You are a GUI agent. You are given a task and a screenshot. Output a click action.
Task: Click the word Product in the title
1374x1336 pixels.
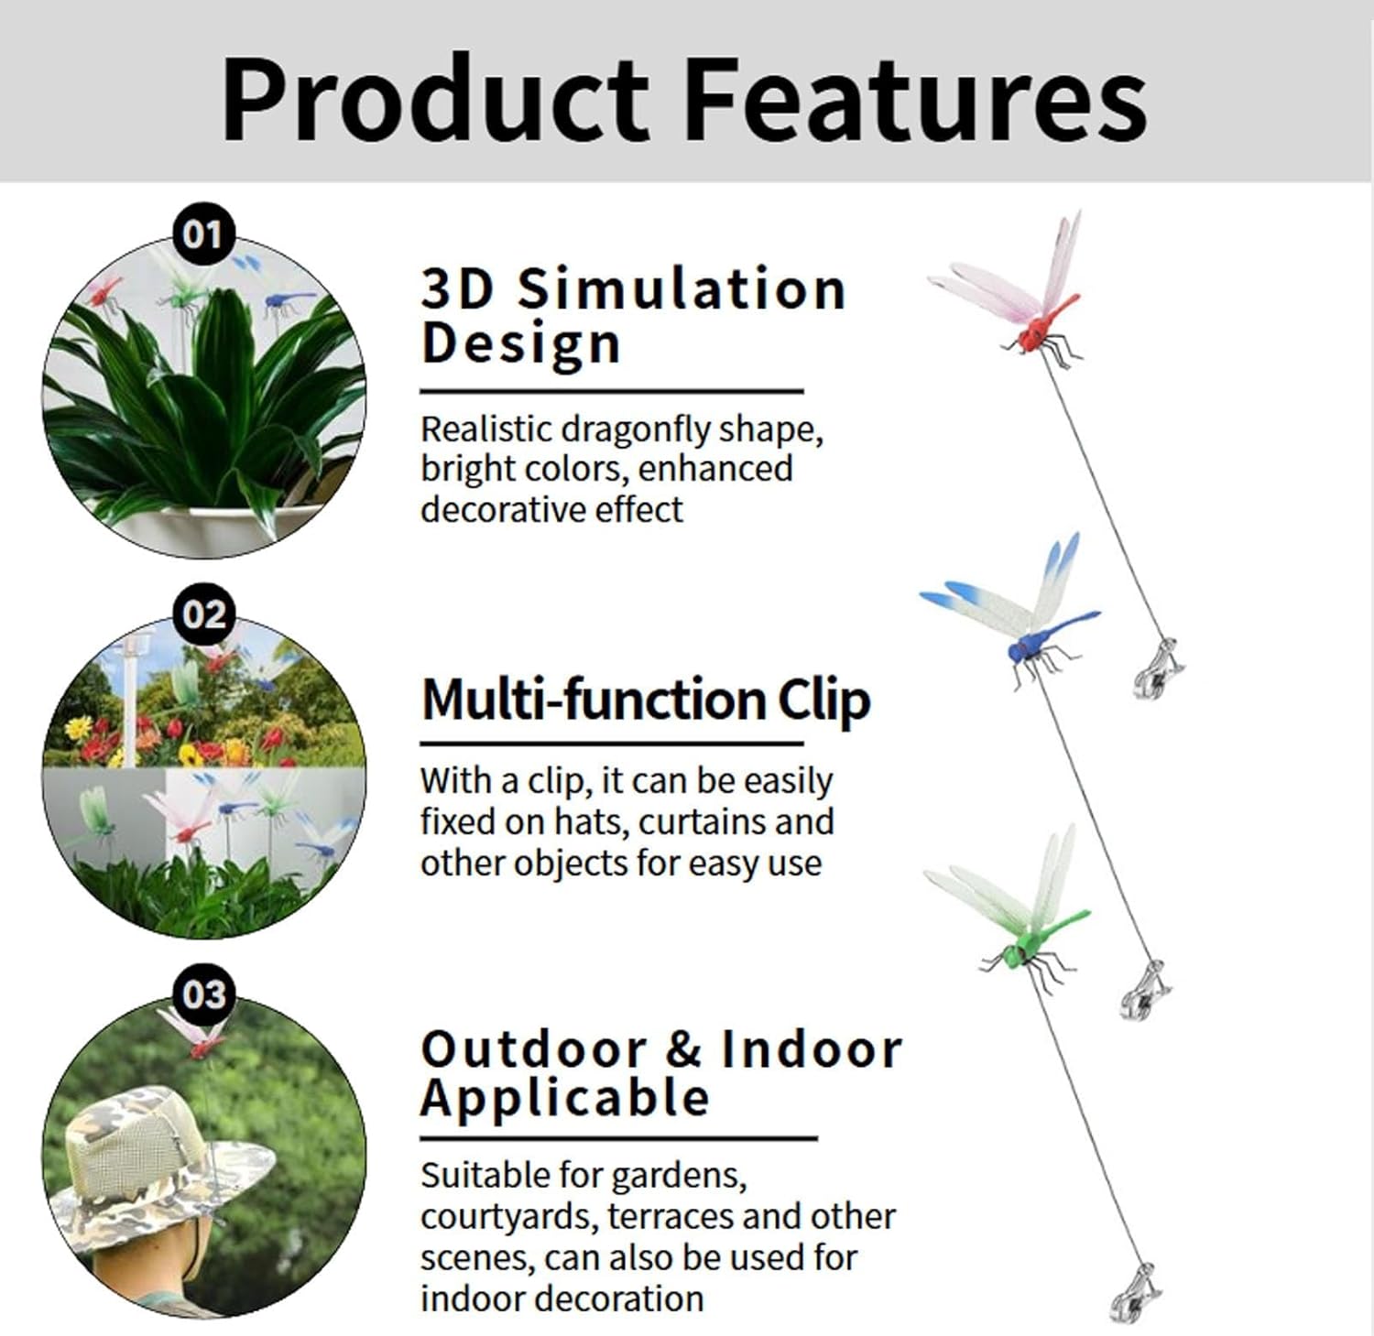click(x=436, y=98)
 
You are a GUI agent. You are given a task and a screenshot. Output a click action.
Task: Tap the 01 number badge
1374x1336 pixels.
click(x=203, y=234)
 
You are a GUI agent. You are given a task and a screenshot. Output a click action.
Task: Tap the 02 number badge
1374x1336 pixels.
click(x=203, y=614)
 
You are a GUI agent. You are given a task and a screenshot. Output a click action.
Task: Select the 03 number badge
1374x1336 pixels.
click(x=203, y=994)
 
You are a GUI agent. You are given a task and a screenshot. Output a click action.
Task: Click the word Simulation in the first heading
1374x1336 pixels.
click(x=682, y=289)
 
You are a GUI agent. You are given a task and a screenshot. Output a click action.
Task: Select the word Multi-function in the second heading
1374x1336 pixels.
click(x=594, y=701)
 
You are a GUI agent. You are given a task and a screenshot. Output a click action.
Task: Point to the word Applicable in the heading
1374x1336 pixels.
click(x=565, y=1099)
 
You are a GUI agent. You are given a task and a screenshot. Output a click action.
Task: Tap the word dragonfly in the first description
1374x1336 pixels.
click(x=636, y=429)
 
